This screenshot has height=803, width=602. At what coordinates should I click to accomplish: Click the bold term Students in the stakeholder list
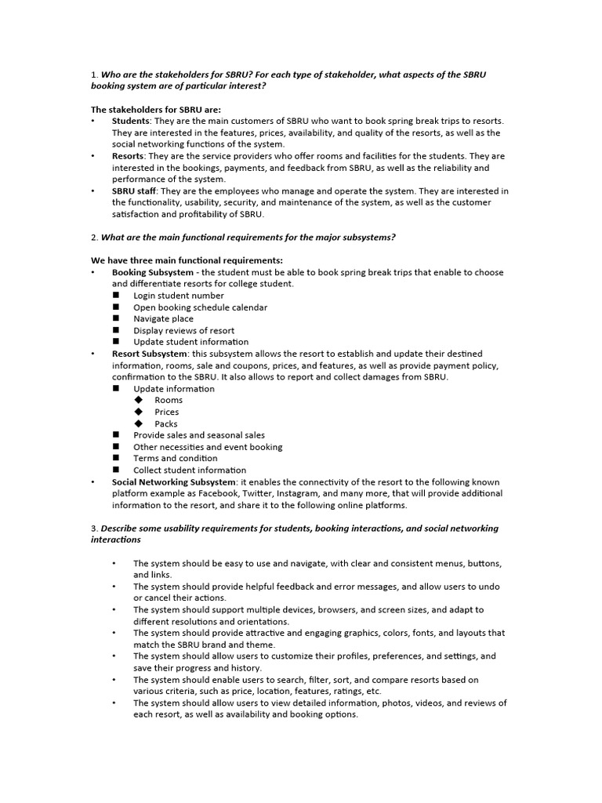pyautogui.click(x=131, y=121)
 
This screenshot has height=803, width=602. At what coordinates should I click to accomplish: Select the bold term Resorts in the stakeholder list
pyautogui.click(x=128, y=156)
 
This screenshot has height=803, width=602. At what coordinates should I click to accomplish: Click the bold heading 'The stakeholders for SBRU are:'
pyautogui.click(x=156, y=109)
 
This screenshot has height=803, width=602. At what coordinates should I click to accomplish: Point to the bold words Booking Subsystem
pyautogui.click(x=152, y=272)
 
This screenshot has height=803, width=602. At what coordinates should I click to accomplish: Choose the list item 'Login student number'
pyautogui.click(x=178, y=296)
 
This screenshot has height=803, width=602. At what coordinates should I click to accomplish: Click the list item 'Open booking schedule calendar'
pyautogui.click(x=200, y=307)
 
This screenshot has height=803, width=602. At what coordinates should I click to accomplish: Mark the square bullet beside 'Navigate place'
pyautogui.click(x=116, y=318)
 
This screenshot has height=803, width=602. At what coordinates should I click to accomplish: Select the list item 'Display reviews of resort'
pyautogui.click(x=183, y=330)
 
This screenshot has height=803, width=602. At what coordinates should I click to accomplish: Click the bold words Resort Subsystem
pyautogui.click(x=149, y=354)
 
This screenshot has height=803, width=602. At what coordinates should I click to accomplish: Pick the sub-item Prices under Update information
pyautogui.click(x=166, y=412)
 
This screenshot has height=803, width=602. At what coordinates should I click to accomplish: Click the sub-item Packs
pyautogui.click(x=165, y=423)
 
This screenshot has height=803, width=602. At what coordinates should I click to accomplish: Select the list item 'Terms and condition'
pyautogui.click(x=176, y=458)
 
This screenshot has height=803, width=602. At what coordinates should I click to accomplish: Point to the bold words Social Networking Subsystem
pyautogui.click(x=173, y=481)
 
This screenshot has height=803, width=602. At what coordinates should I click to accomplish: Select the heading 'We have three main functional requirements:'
pyautogui.click(x=187, y=260)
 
